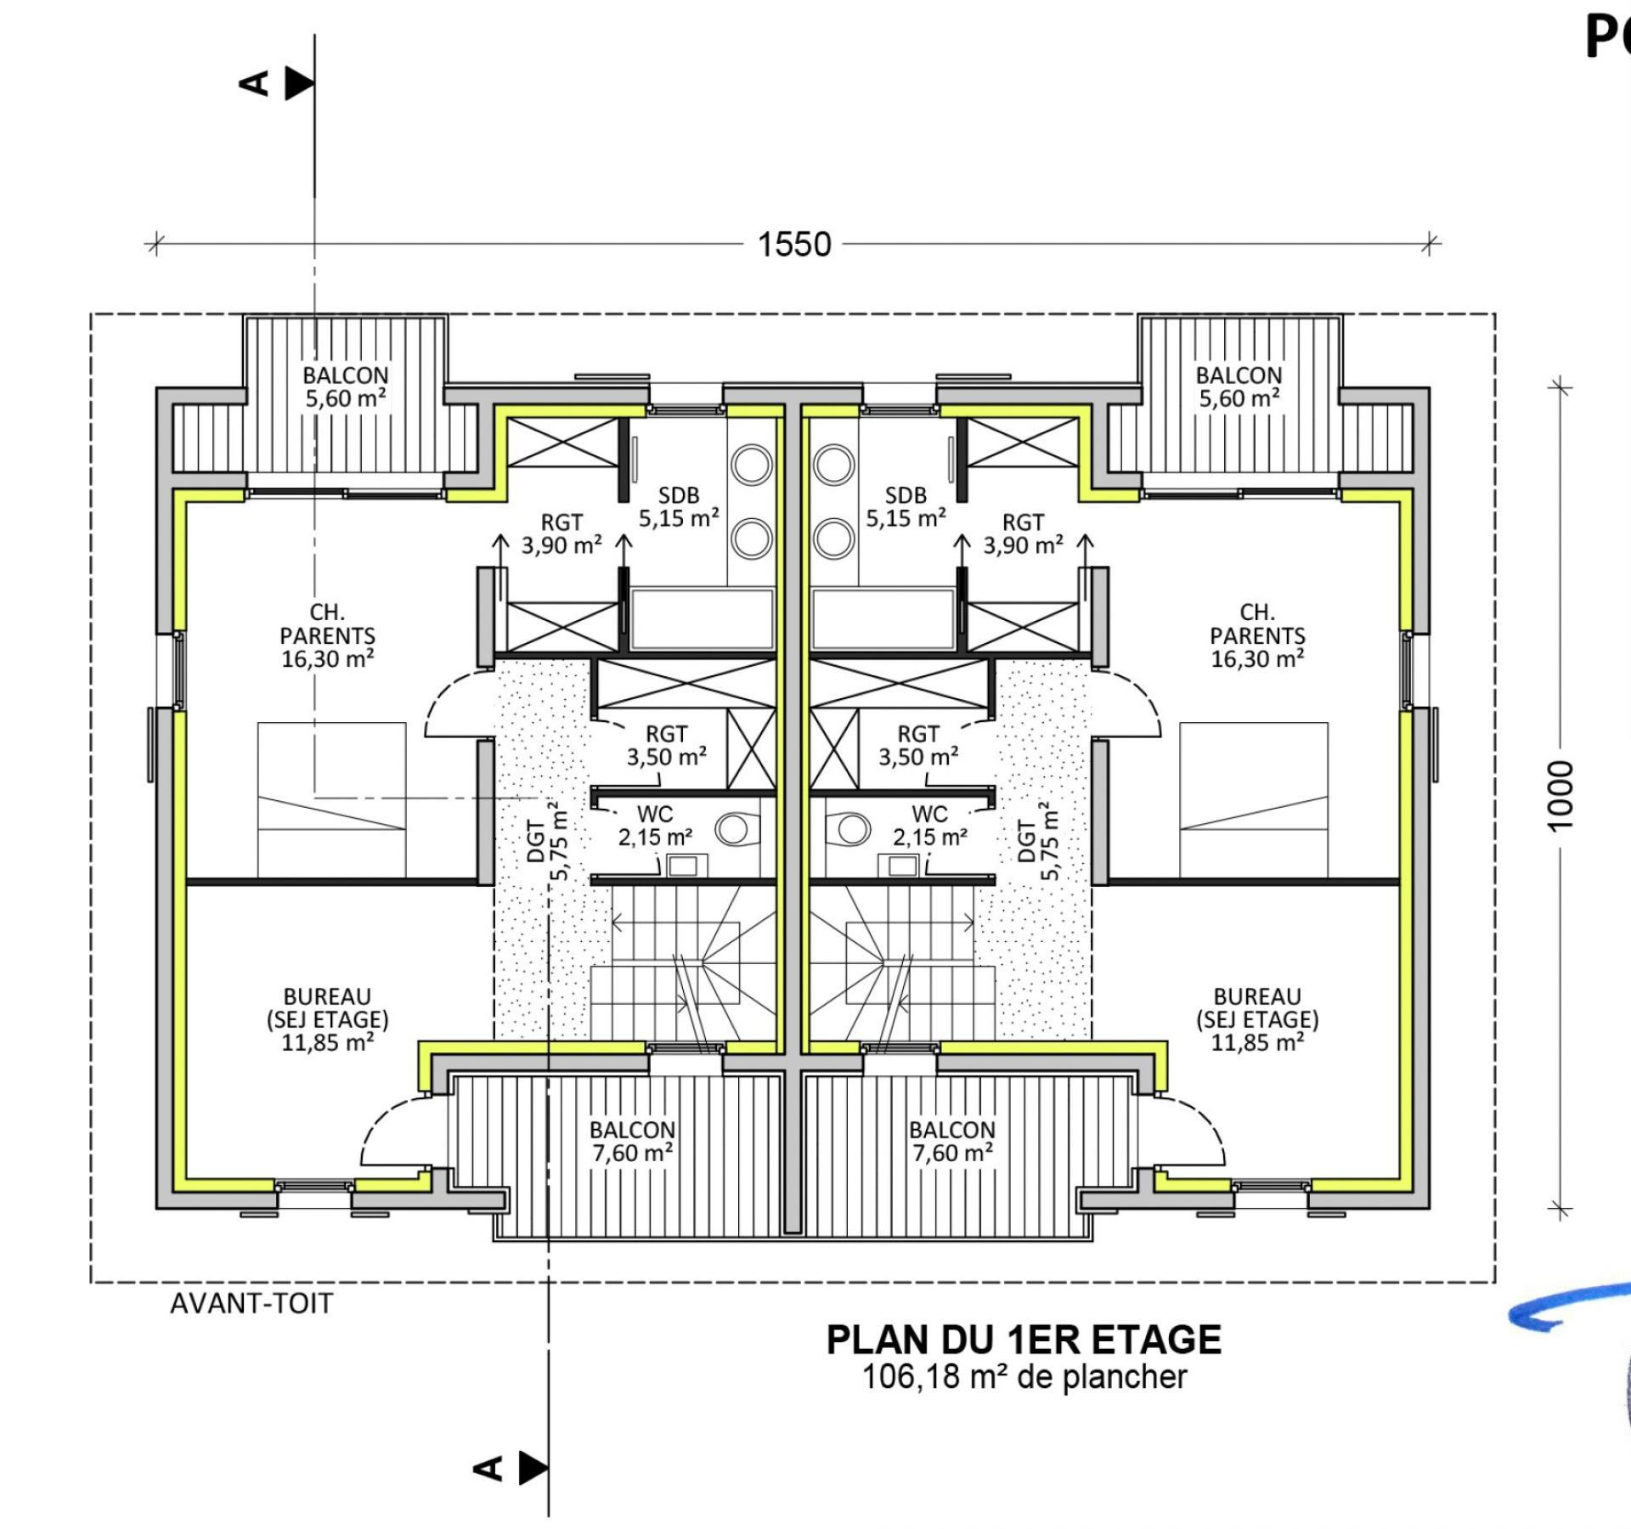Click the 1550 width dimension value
pos(794,245)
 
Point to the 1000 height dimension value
pos(1560,796)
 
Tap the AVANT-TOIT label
pos(251,1303)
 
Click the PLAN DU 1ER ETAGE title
pos(1024,1340)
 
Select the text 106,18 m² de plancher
pos(1024,1377)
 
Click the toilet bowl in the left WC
pos(736,828)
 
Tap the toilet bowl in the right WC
pos(849,828)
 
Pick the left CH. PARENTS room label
pos(328,635)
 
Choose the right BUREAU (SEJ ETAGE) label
pos(1257,1019)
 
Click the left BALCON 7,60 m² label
pos(633,1142)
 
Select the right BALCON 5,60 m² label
pos(1239,386)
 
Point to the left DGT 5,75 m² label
pos(548,841)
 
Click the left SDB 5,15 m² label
pos(679,507)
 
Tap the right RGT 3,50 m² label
pos(918,745)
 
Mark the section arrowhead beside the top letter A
pos(299,84)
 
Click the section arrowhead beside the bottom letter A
pos(533,1467)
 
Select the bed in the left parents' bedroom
pos(331,800)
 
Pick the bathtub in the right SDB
pos(883,618)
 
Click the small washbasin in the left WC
pos(682,866)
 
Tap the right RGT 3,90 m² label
pos(1024,534)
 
